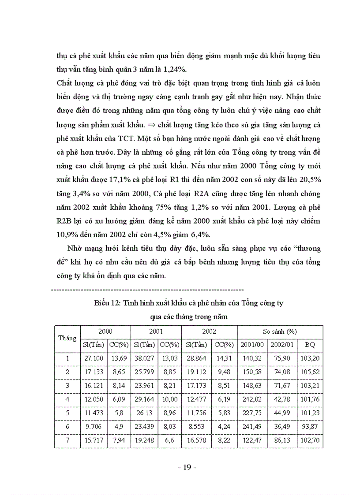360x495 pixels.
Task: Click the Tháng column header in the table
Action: pyautogui.click(x=67, y=338)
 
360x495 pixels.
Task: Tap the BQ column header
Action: pyautogui.click(x=310, y=345)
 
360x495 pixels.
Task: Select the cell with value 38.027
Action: pyautogui.click(x=144, y=358)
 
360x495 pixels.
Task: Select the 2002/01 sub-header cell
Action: pyautogui.click(x=281, y=345)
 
